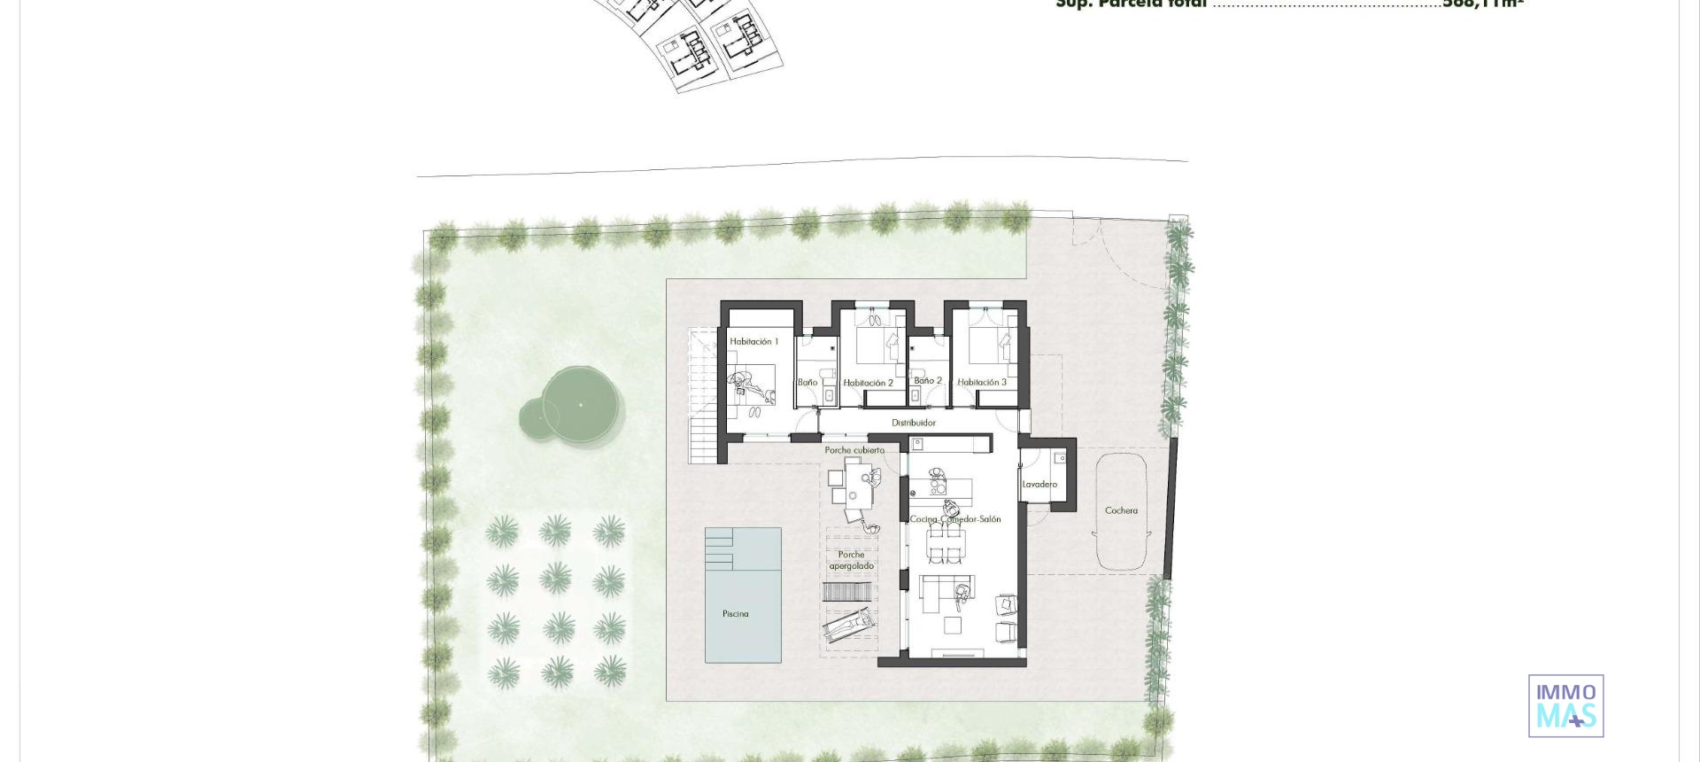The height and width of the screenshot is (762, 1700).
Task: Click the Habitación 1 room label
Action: click(x=753, y=341)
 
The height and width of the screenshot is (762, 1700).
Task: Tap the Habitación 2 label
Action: click(x=868, y=383)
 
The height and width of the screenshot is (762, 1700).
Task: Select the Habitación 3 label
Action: click(x=982, y=383)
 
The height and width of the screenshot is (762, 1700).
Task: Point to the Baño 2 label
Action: click(x=928, y=381)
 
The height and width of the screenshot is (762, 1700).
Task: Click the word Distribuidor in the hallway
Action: click(x=913, y=423)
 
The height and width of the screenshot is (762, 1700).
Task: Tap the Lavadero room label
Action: click(x=1039, y=485)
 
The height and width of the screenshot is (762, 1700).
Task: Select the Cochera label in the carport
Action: click(x=1121, y=510)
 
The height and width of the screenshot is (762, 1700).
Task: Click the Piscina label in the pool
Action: click(x=735, y=613)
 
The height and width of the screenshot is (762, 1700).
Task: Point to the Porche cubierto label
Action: click(x=854, y=450)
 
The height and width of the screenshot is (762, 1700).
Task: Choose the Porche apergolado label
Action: click(x=851, y=560)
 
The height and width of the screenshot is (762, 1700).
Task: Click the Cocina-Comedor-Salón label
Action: click(x=955, y=519)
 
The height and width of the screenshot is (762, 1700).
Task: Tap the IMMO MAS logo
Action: click(x=1565, y=705)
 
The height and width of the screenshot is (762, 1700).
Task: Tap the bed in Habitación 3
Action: click(x=989, y=346)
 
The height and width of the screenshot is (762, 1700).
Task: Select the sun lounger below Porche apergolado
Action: click(x=847, y=626)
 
